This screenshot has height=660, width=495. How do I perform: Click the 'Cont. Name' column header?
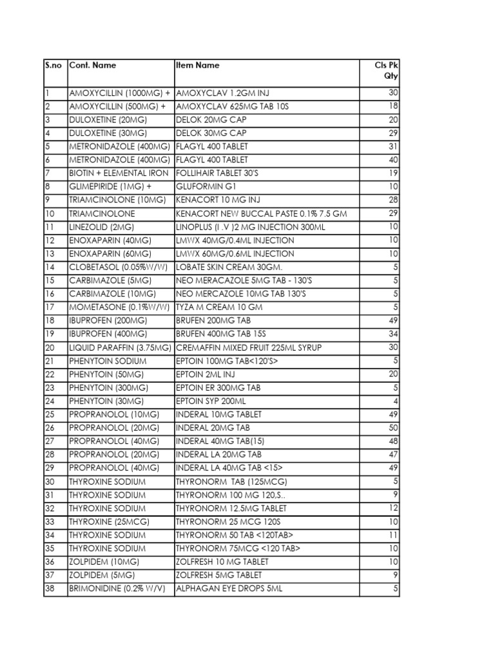(x=92, y=65)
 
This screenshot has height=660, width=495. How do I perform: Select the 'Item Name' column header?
(x=197, y=65)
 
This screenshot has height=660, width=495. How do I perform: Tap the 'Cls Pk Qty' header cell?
(x=387, y=70)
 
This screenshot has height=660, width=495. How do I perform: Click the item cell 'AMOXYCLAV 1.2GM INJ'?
(x=220, y=93)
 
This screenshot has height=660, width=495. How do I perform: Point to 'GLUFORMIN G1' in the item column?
(x=204, y=187)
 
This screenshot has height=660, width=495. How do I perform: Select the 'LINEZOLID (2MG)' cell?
(x=101, y=227)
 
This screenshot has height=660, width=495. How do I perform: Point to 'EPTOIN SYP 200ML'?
(x=211, y=401)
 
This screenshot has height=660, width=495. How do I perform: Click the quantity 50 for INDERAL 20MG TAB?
(x=394, y=428)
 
